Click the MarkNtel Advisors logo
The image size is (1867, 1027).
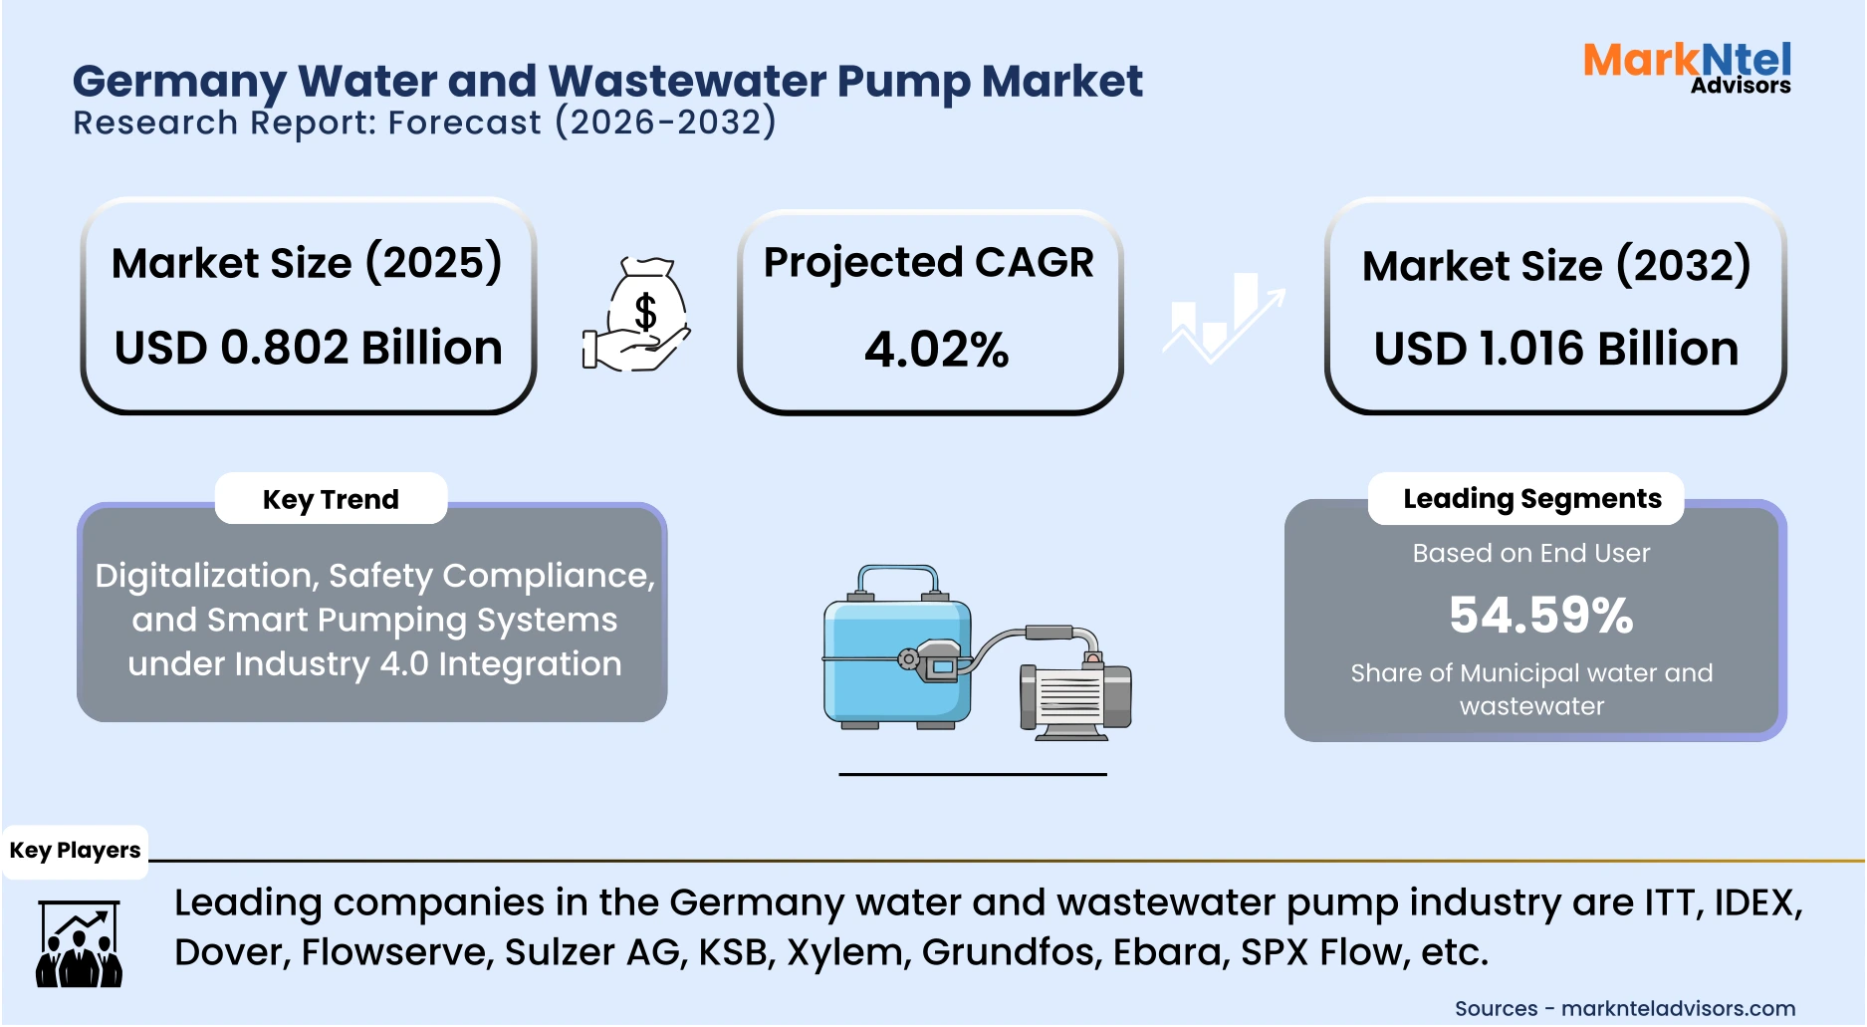coord(1687,67)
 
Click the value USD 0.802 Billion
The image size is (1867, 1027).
coord(308,348)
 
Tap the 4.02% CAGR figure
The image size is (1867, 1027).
coord(936,350)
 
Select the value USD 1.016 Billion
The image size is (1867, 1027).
coord(1555,349)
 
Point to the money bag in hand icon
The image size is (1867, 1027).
coord(638,317)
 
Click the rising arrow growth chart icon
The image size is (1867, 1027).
coord(1224,317)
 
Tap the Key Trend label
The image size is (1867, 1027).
coord(331,499)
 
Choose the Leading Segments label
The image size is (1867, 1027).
coord(1531,498)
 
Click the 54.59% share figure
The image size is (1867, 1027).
coord(1540,615)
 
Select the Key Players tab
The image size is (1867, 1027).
coord(75,851)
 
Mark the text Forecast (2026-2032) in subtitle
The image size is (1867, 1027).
coord(582,123)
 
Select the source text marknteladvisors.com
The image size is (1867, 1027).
coord(1678,1008)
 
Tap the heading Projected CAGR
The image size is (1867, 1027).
coord(928,263)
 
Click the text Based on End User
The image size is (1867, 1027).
coord(1530,553)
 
